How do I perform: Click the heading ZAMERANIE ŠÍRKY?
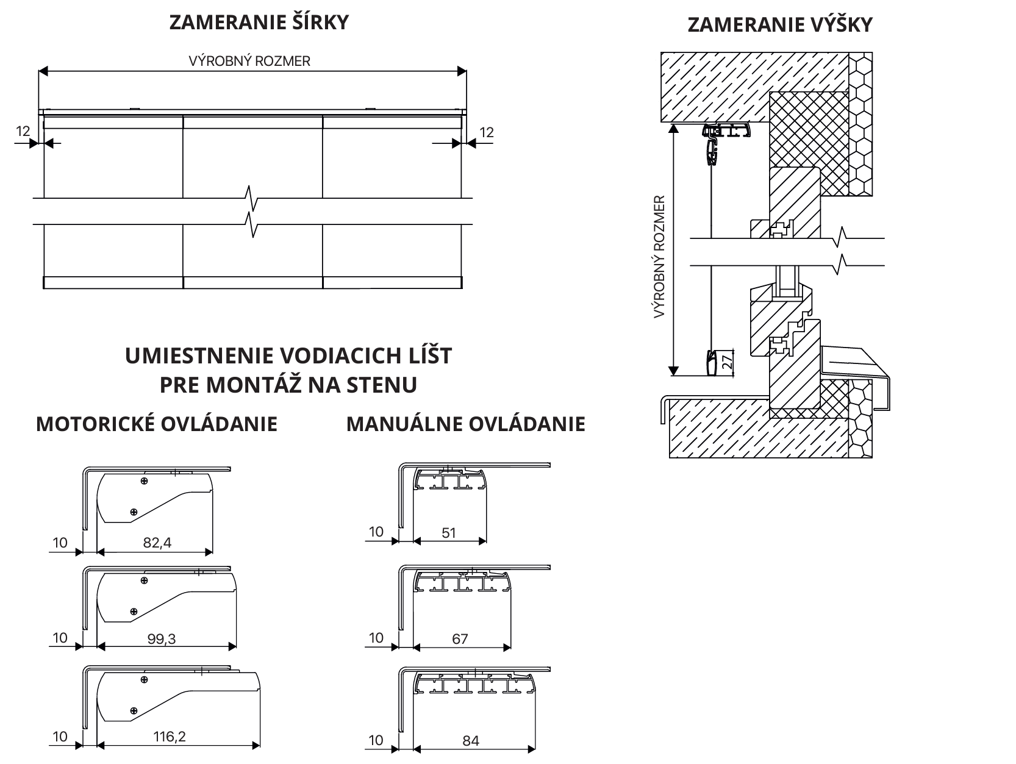coord(259,23)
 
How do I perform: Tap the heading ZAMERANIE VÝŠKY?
coord(780,25)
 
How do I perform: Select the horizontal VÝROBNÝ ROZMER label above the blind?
coord(249,62)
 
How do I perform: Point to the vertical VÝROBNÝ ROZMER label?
coord(659,257)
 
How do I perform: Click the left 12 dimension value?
coord(23,131)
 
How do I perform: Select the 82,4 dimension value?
coord(157,542)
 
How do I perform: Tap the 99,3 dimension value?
coord(162,638)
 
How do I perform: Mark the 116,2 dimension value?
coord(170,736)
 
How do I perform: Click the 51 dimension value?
coord(449,532)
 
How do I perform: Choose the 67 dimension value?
coord(460,638)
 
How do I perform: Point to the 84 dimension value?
coord(471,741)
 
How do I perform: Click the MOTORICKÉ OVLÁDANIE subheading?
coord(157,424)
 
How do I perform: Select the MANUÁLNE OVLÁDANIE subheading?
coord(466,424)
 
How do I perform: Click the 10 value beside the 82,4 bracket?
coord(60,541)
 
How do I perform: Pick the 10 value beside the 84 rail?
coord(376,740)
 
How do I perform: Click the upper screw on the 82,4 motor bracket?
coord(144,482)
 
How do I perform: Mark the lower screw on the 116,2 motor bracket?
coord(134,710)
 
